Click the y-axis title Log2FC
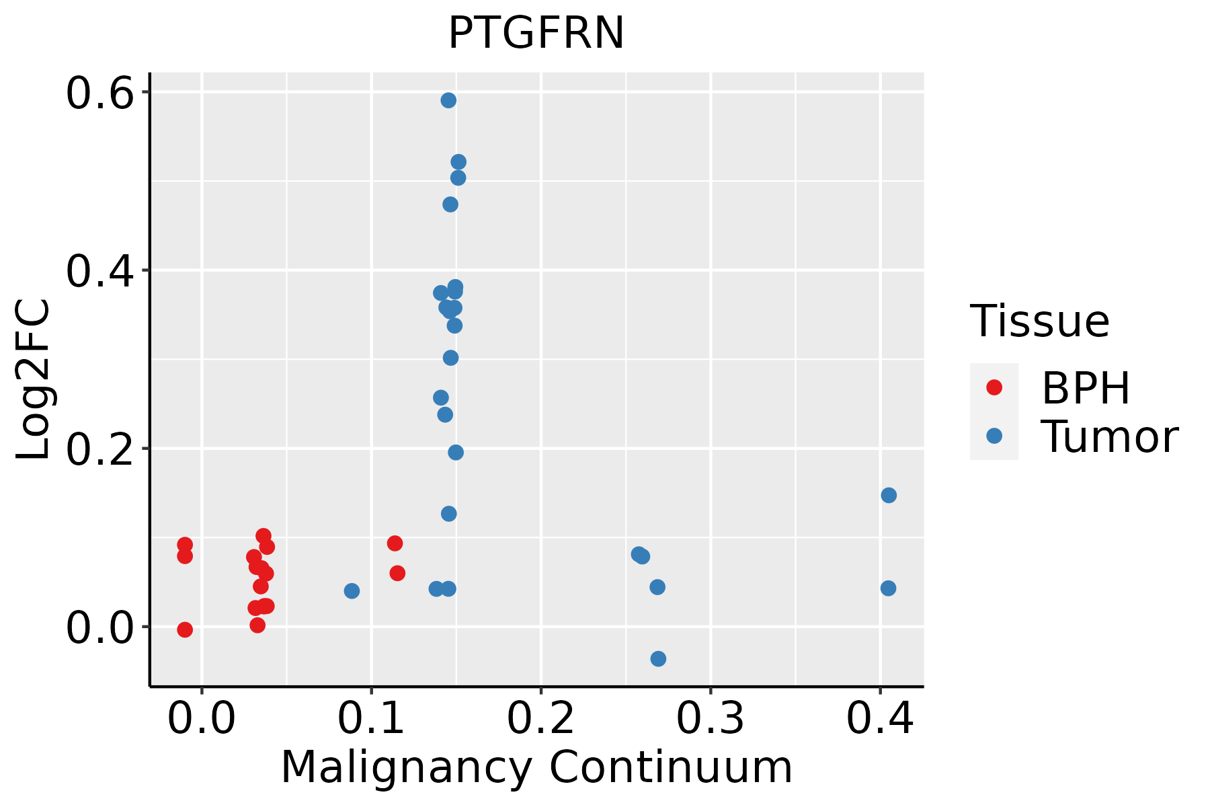[34, 380]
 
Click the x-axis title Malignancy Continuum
[536, 767]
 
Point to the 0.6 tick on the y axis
[98, 93]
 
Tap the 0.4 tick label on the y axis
[98, 271]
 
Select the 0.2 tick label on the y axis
[98, 449]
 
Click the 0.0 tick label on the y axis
[98, 627]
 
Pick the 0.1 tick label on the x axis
[371, 718]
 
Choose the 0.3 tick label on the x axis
[710, 718]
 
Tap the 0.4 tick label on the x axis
[879, 718]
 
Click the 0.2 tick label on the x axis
[540, 718]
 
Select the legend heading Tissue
[1040, 321]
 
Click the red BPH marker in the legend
[994, 387]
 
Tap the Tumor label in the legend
[1109, 437]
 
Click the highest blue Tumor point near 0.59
[448, 100]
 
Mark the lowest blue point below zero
[658, 658]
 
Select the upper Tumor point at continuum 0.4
[889, 496]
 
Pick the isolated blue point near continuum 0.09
[352, 591]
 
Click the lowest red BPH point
[185, 629]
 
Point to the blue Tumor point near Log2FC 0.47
[450, 204]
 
